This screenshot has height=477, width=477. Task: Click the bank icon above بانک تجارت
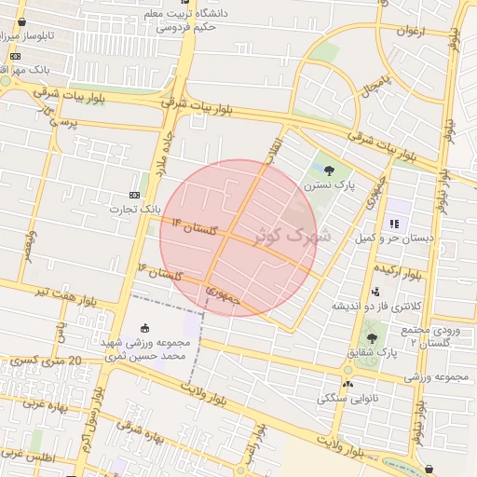click(135, 194)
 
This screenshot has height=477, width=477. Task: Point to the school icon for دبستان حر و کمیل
click(394, 224)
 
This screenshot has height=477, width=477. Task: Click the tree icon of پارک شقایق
click(372, 338)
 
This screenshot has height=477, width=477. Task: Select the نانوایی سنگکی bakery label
click(344, 398)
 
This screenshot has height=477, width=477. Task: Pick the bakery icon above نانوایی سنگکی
click(348, 383)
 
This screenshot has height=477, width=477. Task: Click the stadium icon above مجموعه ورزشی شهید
click(144, 328)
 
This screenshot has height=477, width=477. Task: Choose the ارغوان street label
click(410, 31)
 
